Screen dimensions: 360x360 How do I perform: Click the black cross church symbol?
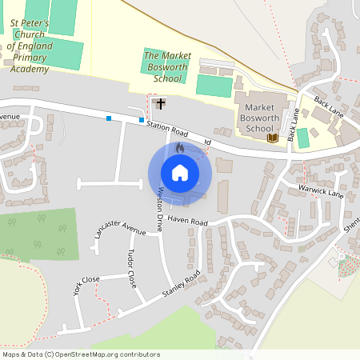161,103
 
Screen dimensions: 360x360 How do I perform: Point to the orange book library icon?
272,138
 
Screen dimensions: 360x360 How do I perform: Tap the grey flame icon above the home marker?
179,148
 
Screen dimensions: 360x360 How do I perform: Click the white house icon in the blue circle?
179,172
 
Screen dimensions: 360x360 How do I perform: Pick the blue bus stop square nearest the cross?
142,121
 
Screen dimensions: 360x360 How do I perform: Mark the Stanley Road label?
181,286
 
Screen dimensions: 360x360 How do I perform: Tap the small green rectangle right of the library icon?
303,138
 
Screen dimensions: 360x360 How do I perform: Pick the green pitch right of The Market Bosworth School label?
214,85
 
